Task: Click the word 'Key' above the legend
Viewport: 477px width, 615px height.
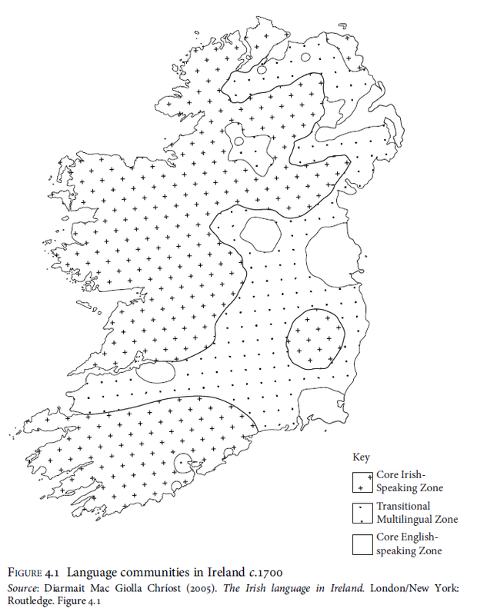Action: click(x=360, y=457)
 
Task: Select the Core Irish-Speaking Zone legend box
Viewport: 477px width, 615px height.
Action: click(x=362, y=481)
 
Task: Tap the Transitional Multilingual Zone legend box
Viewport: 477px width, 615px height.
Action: click(x=362, y=513)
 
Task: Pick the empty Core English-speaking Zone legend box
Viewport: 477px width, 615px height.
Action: click(x=362, y=544)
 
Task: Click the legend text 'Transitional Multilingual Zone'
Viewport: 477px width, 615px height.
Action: click(x=416, y=513)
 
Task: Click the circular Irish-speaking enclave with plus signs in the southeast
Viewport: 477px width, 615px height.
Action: click(x=316, y=338)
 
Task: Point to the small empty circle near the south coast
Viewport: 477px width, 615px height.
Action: click(x=183, y=464)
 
